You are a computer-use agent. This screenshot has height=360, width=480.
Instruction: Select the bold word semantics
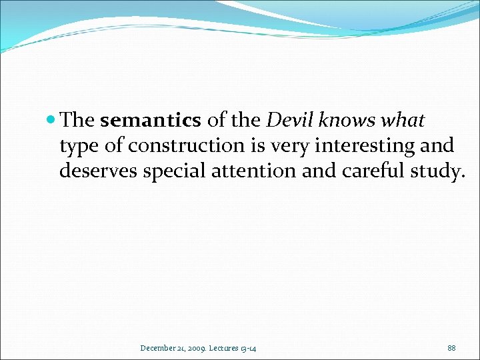150,121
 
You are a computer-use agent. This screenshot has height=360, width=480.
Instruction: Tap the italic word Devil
291,121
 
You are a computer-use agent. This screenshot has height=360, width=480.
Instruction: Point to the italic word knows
349,121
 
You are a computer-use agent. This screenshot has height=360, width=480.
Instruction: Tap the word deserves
98,171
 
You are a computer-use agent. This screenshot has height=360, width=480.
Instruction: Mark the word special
177,171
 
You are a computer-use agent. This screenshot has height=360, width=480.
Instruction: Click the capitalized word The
77,121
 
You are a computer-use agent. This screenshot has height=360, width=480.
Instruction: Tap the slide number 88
451,347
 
